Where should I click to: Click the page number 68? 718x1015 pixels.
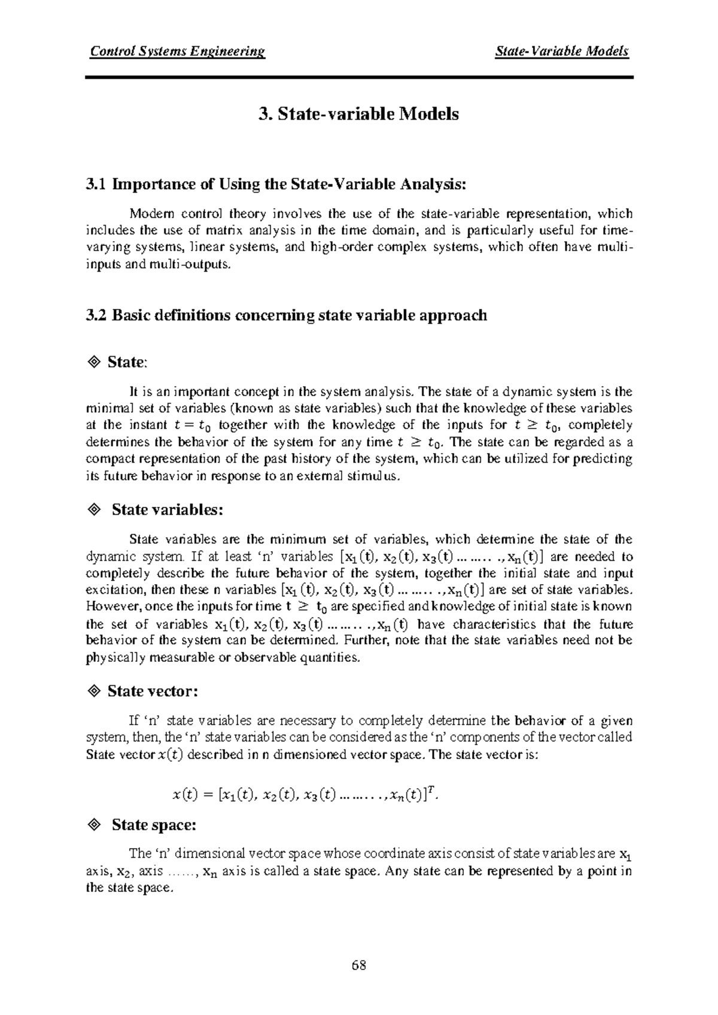359,965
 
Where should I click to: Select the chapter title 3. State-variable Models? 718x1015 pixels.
358,114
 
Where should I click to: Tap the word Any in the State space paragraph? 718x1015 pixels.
397,871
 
